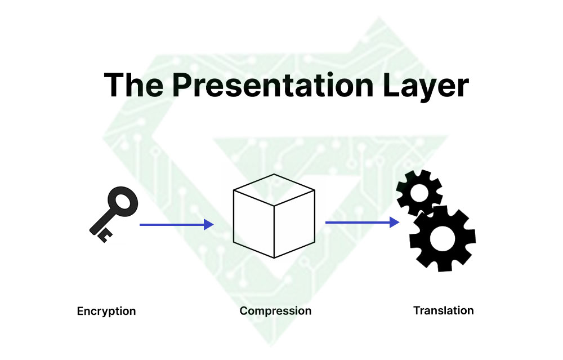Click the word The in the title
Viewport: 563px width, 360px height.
pyautogui.click(x=134, y=85)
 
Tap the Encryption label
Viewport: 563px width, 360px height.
pyautogui.click(x=106, y=311)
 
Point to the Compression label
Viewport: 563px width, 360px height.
pyautogui.click(x=275, y=311)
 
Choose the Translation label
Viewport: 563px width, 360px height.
pyautogui.click(x=443, y=310)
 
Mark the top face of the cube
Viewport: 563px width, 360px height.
pyautogui.click(x=274, y=189)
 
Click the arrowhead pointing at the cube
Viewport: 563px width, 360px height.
pyautogui.click(x=209, y=225)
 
